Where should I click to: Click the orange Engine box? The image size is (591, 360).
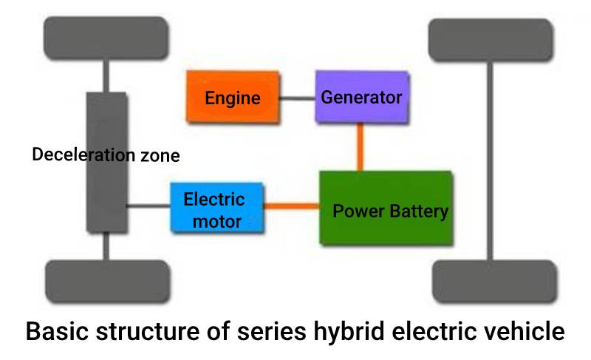tap(233, 97)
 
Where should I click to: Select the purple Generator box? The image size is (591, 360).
tap(361, 97)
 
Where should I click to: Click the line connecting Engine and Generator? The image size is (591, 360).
tap(297, 98)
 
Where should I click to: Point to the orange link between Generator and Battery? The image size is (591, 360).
tap(361, 146)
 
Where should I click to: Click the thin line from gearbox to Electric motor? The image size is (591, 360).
tap(148, 206)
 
